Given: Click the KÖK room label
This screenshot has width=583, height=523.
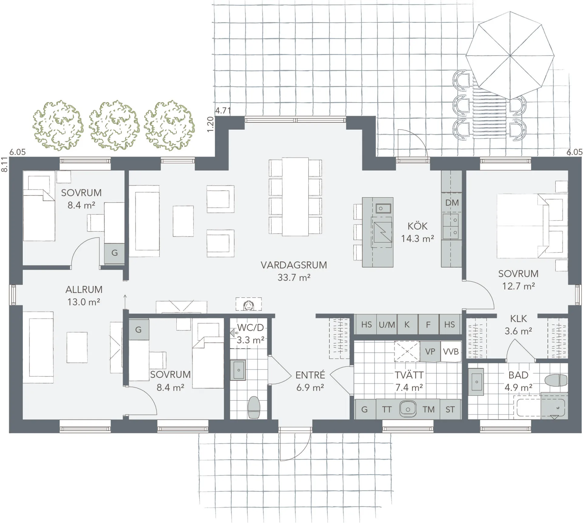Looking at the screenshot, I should point(417,226).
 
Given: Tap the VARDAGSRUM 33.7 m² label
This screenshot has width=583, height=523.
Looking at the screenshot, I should point(294,271).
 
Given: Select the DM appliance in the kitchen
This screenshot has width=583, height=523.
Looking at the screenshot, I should point(452,203).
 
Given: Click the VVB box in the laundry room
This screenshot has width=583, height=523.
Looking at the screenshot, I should point(451,351).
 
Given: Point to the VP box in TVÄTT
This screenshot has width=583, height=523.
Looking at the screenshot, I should point(430,351).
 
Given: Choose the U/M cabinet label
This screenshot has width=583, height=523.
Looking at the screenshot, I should point(387,325).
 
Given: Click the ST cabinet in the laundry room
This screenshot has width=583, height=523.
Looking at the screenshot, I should point(450,409).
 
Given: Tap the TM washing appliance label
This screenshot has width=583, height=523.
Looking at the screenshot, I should point(428,409).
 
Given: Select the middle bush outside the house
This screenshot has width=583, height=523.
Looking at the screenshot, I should point(114,125).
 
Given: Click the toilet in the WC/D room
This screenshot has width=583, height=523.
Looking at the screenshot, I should point(254,407).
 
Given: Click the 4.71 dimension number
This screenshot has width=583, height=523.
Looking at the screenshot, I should point(223,110).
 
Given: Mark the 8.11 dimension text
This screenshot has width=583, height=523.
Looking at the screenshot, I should point(4,165).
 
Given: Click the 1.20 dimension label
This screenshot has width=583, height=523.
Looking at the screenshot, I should point(210,124).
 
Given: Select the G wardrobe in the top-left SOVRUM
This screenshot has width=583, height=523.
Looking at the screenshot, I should point(114,253).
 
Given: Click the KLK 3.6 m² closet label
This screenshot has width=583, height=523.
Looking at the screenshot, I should point(518,325).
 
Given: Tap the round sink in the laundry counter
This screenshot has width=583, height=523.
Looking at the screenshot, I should point(407,409).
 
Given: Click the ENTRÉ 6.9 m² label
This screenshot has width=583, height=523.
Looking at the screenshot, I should point(310,381).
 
